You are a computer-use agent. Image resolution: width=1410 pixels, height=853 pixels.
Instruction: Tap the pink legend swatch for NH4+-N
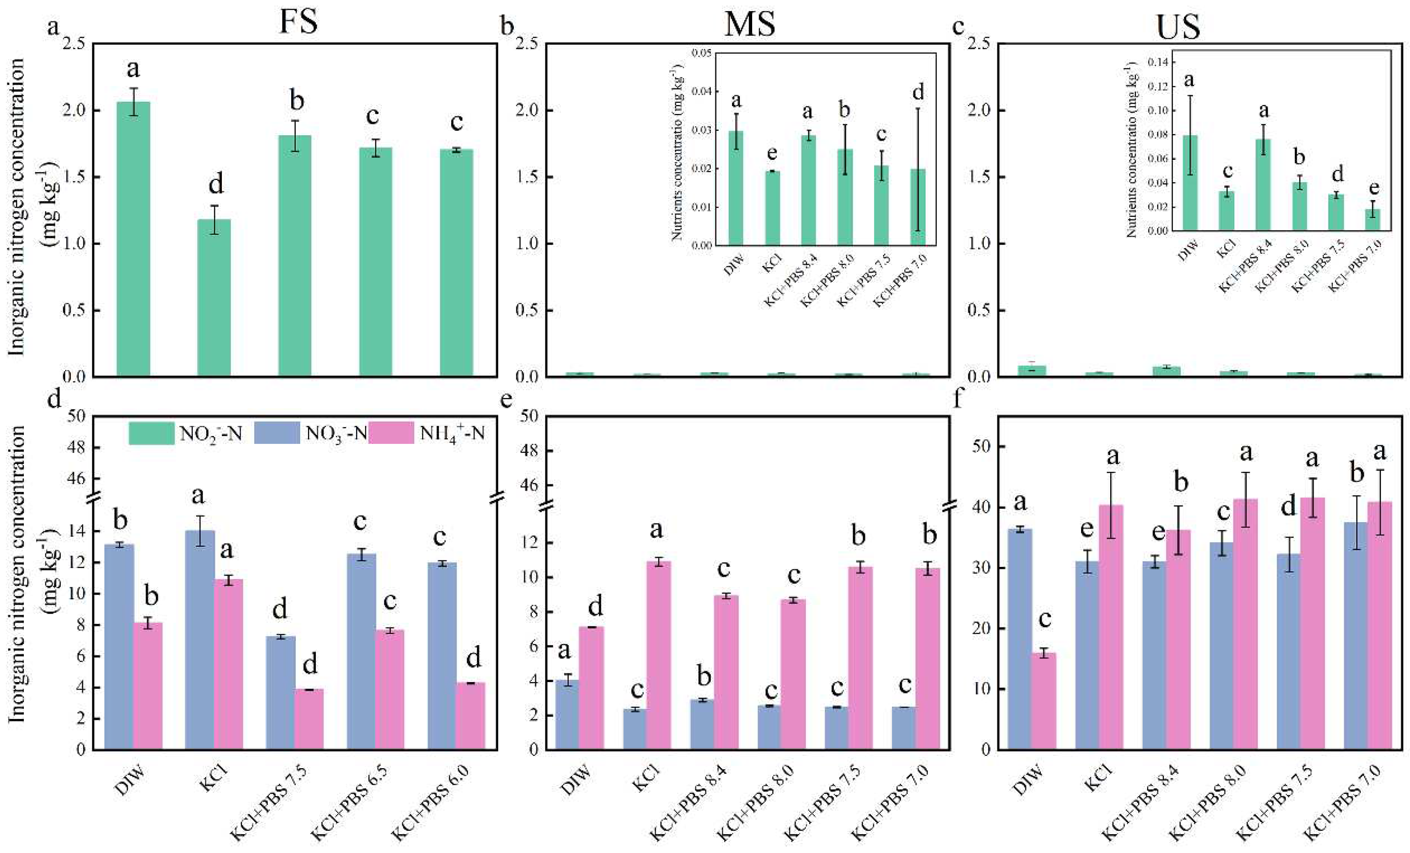[x=390, y=433]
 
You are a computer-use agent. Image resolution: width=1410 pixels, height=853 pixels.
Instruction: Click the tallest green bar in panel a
[x=133, y=240]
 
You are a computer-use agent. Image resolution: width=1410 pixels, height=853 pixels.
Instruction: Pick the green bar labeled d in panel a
[x=214, y=298]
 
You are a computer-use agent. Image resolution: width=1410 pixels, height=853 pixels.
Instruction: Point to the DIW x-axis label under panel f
[x=1028, y=780]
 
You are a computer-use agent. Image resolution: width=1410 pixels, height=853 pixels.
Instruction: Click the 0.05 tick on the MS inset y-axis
[x=701, y=53]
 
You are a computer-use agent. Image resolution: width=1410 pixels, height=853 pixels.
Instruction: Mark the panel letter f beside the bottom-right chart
[x=959, y=399]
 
